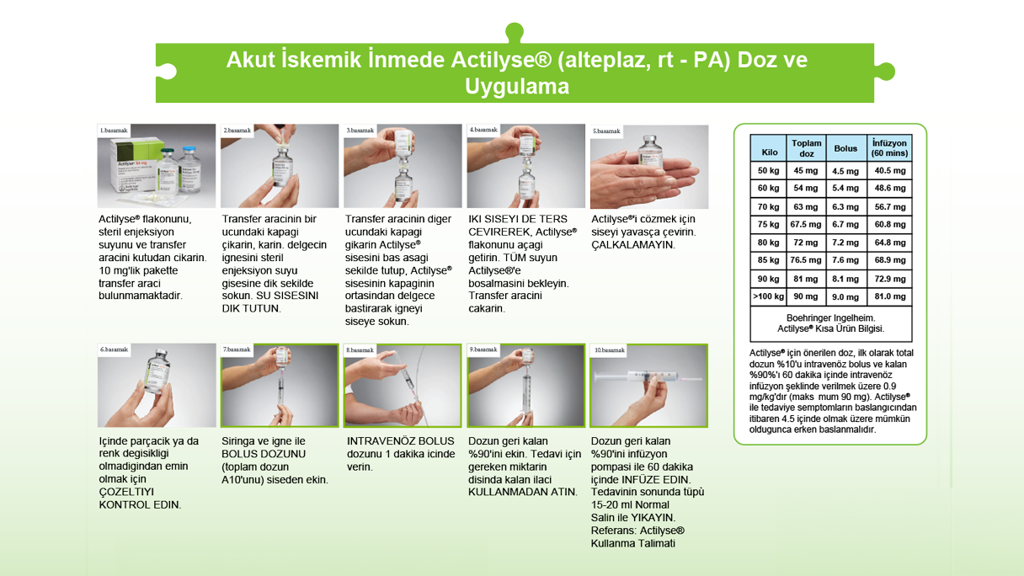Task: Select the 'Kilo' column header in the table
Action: (770, 152)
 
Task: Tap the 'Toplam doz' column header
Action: (806, 148)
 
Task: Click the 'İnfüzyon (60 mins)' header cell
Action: (889, 148)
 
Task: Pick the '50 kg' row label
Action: (768, 171)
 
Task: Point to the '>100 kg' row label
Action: (768, 296)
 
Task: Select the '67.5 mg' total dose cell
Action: (806, 225)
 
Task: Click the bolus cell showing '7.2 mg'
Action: (845, 243)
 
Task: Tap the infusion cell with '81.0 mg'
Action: (889, 296)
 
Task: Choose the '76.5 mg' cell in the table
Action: (806, 260)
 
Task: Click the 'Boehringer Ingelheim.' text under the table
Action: (830, 318)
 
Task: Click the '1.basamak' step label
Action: (114, 131)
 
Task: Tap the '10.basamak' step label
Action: (610, 349)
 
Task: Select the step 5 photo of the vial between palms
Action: (648, 168)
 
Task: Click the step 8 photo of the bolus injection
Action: (403, 387)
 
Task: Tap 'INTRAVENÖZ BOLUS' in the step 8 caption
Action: (401, 441)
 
